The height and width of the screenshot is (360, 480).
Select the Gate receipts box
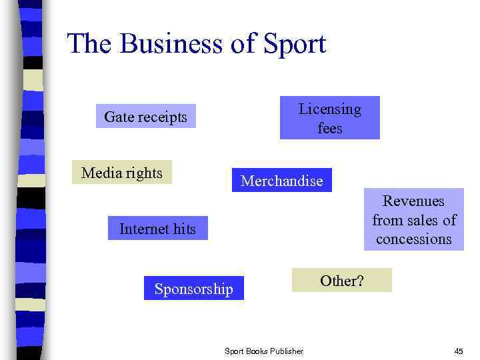(x=146, y=117)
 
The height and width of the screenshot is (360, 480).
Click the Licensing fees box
(x=329, y=118)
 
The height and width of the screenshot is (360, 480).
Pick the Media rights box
(x=122, y=173)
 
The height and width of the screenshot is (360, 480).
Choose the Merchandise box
(x=281, y=181)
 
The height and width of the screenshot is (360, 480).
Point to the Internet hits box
(x=158, y=229)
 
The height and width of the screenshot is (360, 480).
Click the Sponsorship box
(x=194, y=289)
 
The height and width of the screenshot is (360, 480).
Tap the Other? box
(x=342, y=281)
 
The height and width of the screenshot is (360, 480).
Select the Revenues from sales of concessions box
(x=413, y=220)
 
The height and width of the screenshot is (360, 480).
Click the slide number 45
(x=459, y=351)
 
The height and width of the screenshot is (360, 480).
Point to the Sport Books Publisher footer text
(x=264, y=351)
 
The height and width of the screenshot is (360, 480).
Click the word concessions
(x=413, y=239)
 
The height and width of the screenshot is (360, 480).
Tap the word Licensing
(x=329, y=109)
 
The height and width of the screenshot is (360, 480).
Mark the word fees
(x=329, y=127)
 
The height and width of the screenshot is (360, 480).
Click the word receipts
(x=163, y=117)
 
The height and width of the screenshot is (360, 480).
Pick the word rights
(x=146, y=173)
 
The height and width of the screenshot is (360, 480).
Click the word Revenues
(x=413, y=201)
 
